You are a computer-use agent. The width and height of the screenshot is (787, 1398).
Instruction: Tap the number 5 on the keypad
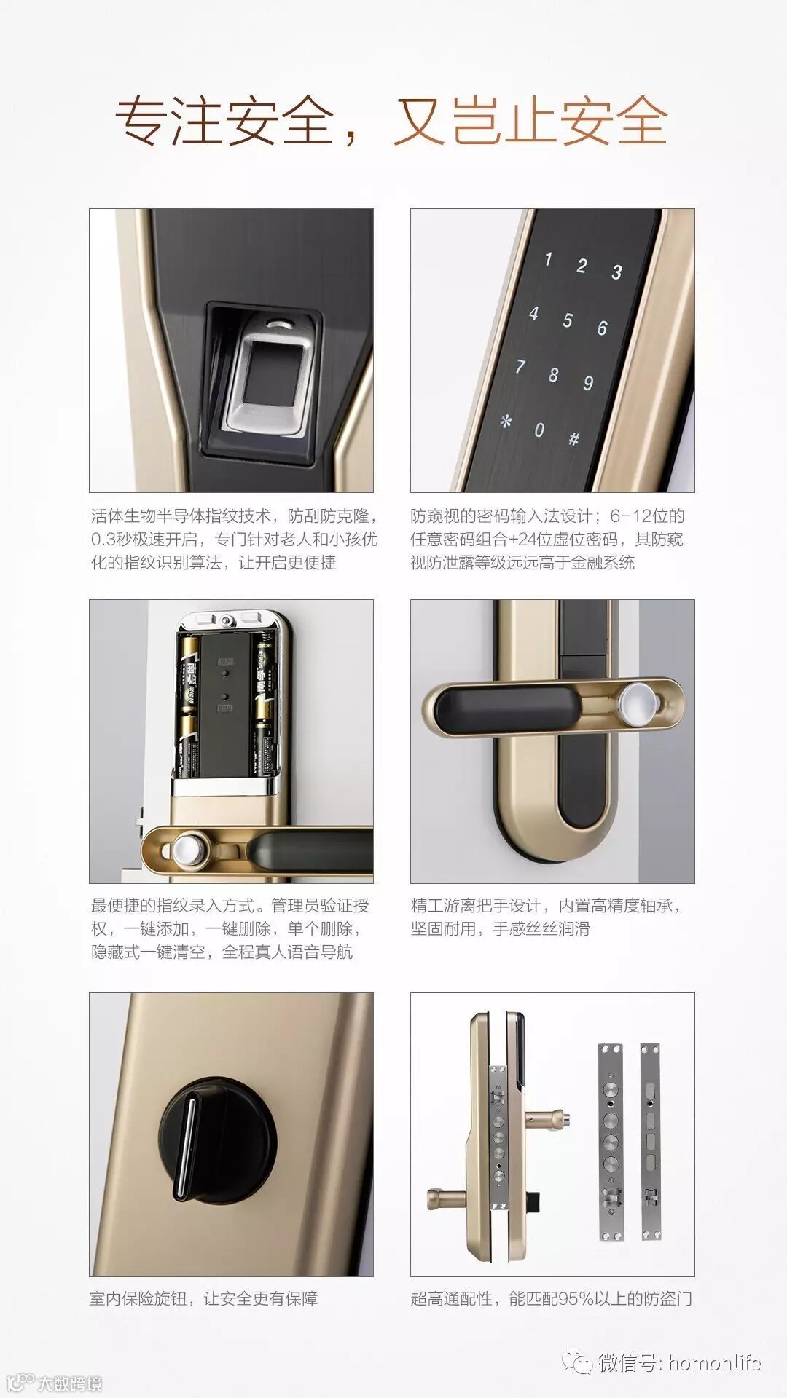coord(567,320)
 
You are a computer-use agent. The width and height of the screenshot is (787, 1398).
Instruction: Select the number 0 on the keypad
coord(539,430)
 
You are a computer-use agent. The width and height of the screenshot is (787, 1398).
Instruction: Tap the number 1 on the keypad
coord(548,258)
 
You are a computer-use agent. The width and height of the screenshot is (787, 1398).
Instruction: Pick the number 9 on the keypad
coord(587,383)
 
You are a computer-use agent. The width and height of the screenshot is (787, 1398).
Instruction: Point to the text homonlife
coord(714,1362)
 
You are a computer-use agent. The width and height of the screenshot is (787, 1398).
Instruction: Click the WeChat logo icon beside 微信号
coord(581,1362)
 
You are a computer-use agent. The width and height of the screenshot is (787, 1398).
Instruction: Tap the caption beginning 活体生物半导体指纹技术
coord(234,539)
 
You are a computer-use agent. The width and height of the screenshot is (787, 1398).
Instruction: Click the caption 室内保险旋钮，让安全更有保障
coord(203,1298)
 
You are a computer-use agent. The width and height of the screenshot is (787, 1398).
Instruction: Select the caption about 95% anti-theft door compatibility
coord(551,1298)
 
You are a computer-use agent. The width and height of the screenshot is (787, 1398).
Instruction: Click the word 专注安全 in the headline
coord(224,121)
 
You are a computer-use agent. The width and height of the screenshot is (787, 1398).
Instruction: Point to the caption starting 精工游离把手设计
coord(547,917)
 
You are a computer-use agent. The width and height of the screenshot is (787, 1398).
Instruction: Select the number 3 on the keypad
coord(616,272)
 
